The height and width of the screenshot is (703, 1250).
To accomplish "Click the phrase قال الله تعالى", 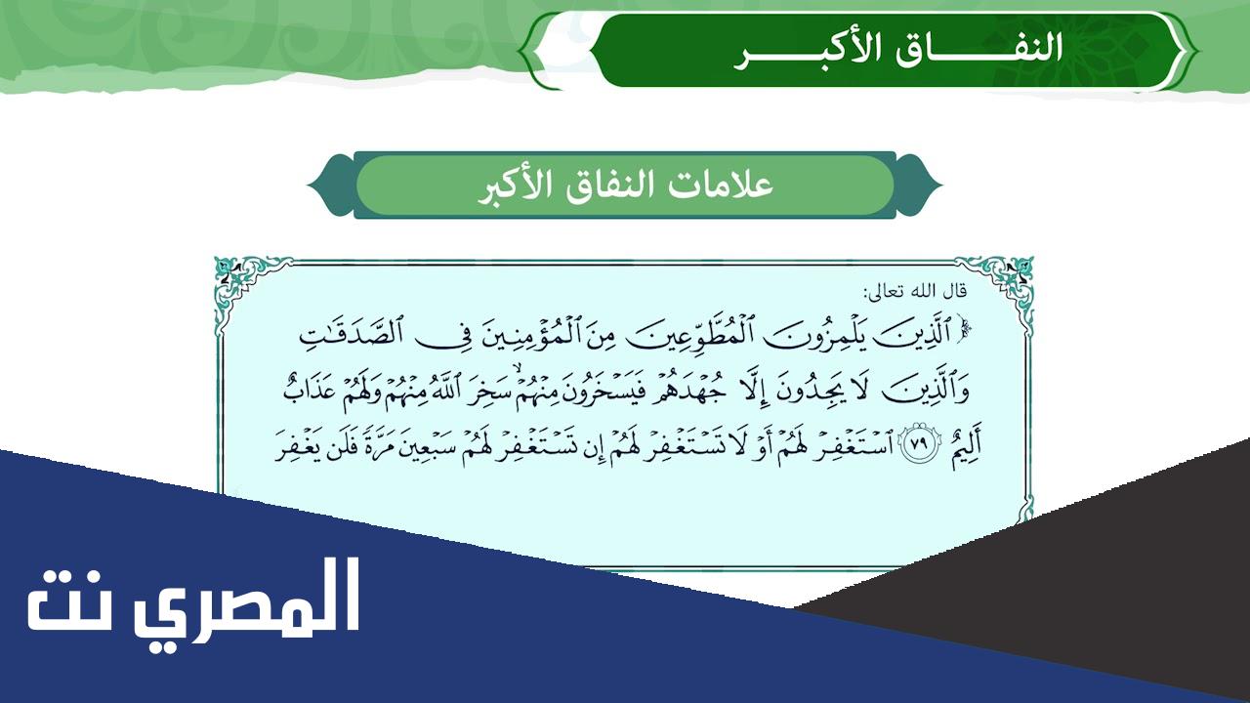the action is point(915,291).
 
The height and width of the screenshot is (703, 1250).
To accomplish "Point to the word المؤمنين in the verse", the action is point(526,334).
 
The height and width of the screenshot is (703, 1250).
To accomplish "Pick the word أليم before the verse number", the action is point(964,447).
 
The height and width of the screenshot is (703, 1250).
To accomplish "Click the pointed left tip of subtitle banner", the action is point(308,185).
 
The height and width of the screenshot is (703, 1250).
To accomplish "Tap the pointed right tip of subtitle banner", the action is point(942,185).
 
